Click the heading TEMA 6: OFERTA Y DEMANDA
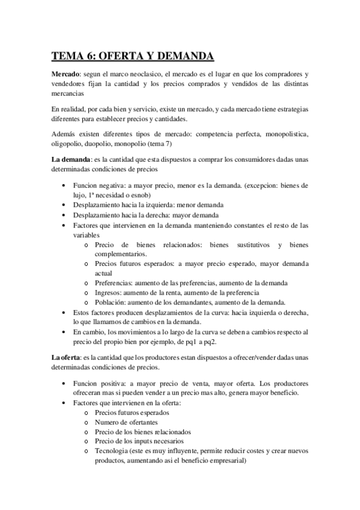pos(132,57)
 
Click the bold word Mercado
pos(66,73)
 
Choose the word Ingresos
pos(109,292)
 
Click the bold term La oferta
pos(65,358)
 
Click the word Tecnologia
pos(114,451)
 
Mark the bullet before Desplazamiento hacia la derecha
pos(64,215)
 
